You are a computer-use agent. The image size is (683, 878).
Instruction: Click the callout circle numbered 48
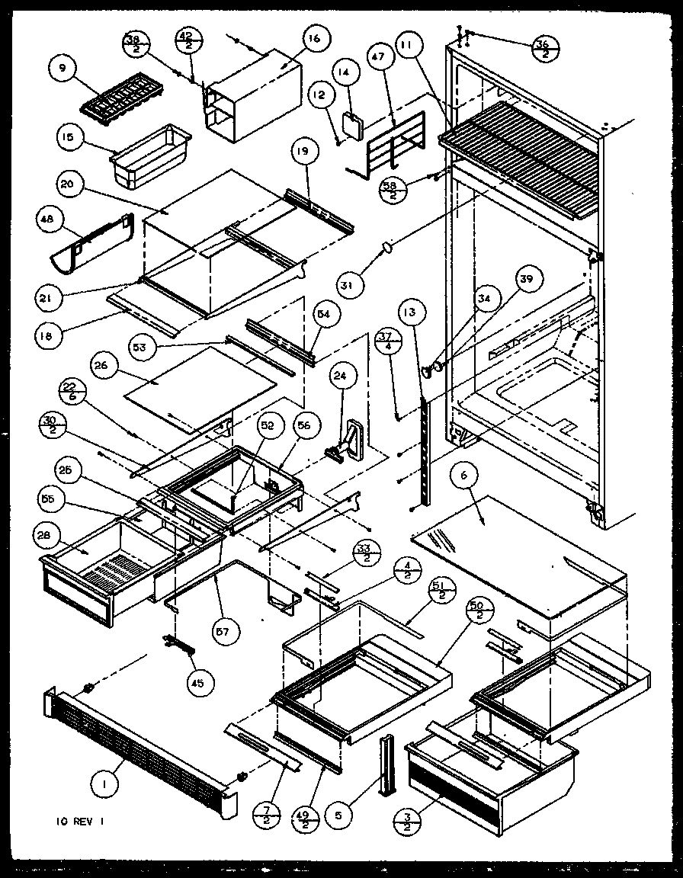pos(48,221)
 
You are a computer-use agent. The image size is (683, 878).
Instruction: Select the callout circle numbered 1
pos(106,785)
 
